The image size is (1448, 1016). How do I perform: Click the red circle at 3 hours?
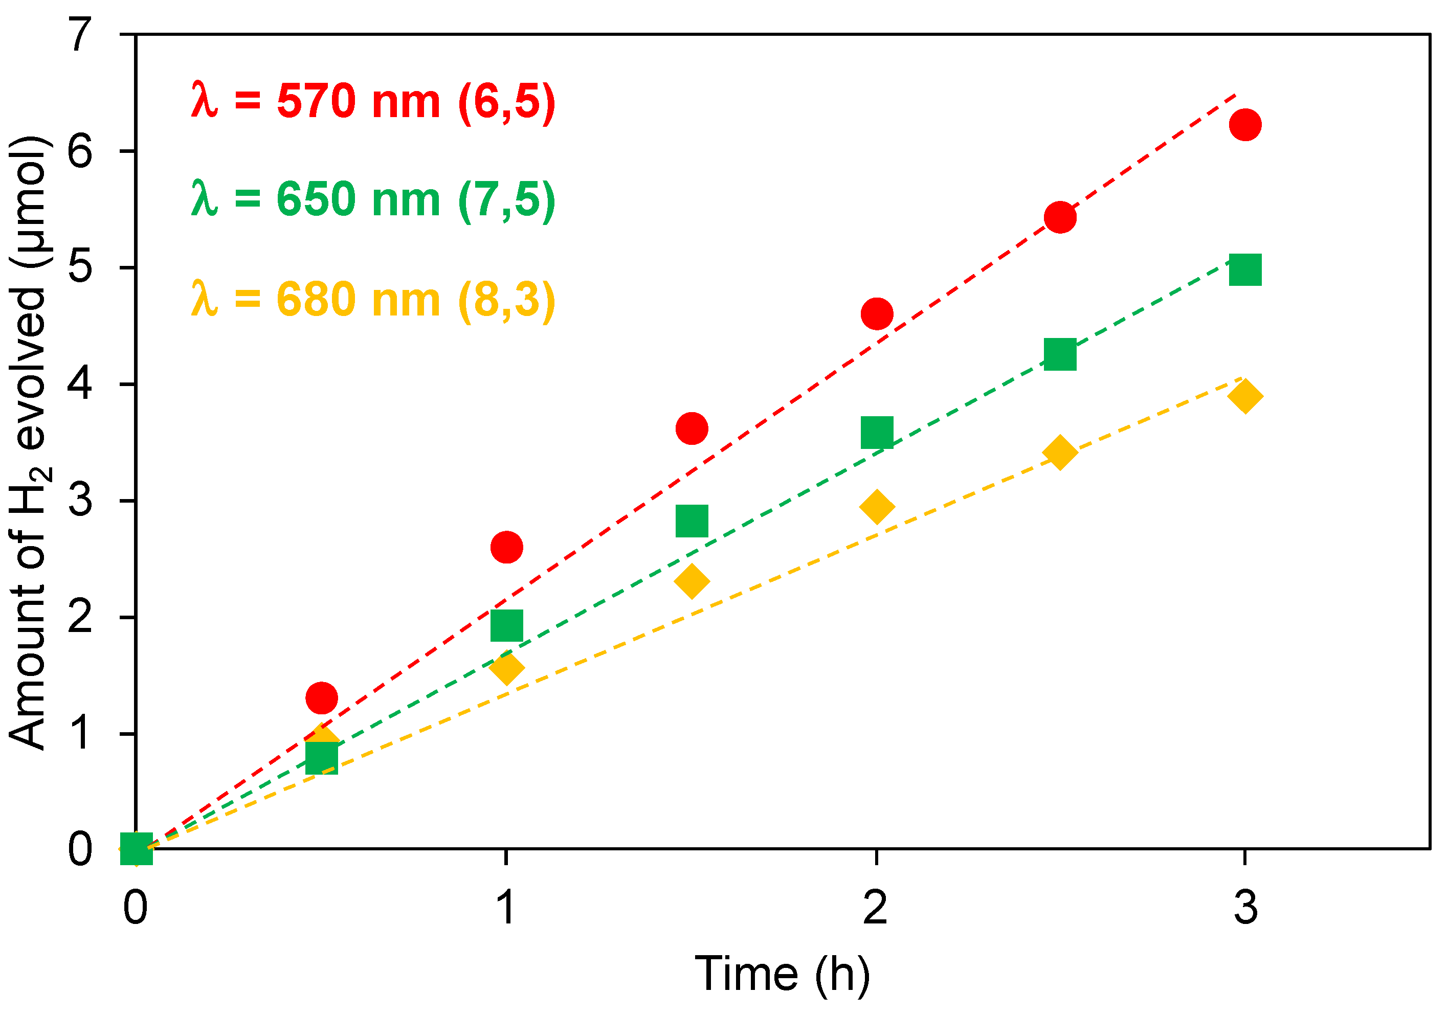point(1245,124)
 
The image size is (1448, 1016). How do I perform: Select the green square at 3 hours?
point(1245,270)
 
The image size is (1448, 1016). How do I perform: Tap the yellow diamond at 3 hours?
point(1245,397)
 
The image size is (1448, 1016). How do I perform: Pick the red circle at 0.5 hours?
point(322,697)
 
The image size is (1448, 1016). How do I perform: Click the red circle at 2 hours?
point(877,313)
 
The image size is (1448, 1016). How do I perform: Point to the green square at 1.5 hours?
point(692,521)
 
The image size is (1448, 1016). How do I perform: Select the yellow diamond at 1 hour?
point(506,668)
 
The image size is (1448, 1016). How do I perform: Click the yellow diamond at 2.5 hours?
point(1060,451)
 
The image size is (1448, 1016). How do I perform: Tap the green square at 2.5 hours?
point(1060,354)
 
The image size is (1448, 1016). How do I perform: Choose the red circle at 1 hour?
point(506,546)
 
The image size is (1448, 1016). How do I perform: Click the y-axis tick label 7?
point(81,34)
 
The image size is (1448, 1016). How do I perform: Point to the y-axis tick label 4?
point(81,383)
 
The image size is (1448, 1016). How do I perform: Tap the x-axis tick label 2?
point(875,907)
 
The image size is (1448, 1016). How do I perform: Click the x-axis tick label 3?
point(1245,907)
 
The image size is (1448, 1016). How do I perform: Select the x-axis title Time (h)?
point(782,975)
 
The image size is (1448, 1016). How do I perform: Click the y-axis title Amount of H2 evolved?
point(28,441)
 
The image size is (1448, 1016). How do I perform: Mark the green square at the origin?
point(136,848)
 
